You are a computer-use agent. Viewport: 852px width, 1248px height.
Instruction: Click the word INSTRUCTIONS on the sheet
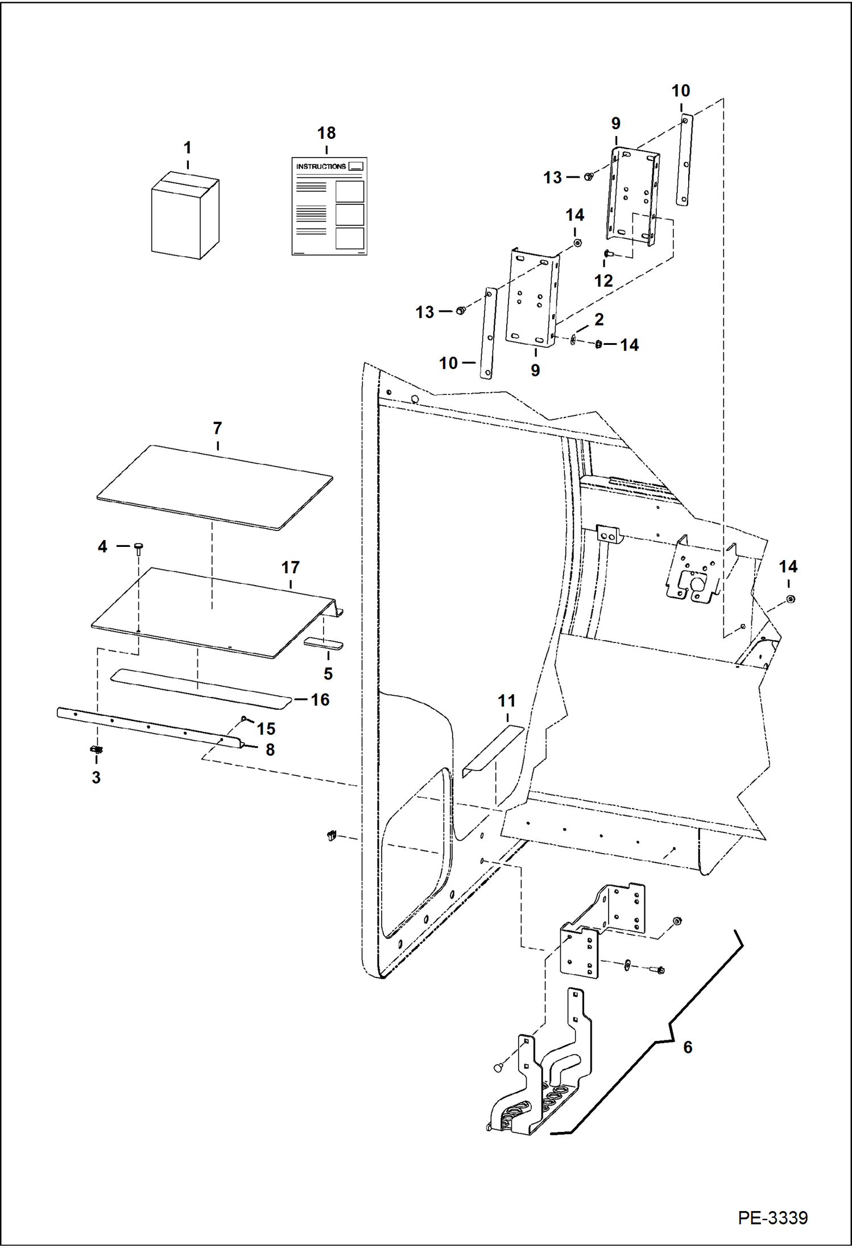click(x=321, y=167)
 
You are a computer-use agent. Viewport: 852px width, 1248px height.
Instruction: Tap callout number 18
click(x=326, y=133)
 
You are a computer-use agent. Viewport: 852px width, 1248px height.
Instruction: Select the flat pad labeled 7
click(x=215, y=488)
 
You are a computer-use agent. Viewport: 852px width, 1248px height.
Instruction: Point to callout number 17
click(x=291, y=567)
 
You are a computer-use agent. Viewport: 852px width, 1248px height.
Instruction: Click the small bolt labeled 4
click(x=138, y=547)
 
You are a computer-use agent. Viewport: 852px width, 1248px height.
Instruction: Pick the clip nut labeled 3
click(x=97, y=749)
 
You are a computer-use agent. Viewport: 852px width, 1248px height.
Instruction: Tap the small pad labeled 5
click(x=323, y=644)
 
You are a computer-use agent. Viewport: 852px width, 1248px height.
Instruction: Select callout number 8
click(x=270, y=749)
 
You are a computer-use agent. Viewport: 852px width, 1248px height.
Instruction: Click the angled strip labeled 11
click(x=493, y=751)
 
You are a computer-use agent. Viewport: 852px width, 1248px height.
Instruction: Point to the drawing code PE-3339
click(x=772, y=1217)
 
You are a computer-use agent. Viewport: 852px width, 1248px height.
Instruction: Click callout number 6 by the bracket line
click(x=688, y=1047)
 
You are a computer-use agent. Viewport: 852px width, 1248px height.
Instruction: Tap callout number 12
click(x=603, y=281)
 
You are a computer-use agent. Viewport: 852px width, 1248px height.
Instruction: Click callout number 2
click(x=599, y=319)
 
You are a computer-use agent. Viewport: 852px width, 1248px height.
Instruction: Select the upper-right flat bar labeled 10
click(x=685, y=160)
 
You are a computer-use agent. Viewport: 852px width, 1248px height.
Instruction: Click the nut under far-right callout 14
click(x=791, y=599)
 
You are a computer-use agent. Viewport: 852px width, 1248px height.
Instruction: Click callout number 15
click(x=266, y=728)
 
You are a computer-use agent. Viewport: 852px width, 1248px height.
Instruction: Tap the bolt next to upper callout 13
click(x=589, y=176)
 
